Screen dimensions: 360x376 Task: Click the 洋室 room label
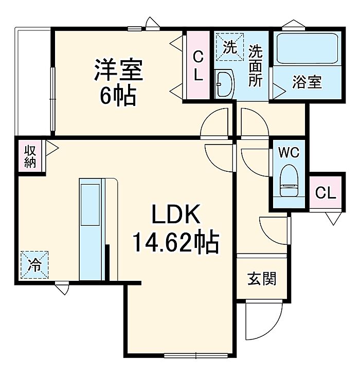tap(119, 69)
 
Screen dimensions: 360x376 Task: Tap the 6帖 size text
tap(118, 96)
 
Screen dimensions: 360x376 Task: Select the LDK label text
tap(176, 214)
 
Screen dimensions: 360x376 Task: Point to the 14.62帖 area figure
tap(176, 242)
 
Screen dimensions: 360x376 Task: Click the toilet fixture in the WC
tap(289, 181)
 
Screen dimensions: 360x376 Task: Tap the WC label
tap(289, 152)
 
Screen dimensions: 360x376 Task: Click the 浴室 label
tap(307, 82)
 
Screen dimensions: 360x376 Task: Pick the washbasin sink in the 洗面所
tap(224, 84)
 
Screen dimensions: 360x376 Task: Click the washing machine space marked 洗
tap(230, 47)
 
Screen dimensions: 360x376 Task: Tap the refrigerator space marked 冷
tap(34, 265)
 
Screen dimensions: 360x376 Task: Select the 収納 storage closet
tap(30, 156)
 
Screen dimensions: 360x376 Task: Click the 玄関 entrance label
tap(262, 279)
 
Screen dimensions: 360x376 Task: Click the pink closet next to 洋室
tap(198, 65)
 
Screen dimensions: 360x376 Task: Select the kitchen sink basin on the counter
tap(90, 205)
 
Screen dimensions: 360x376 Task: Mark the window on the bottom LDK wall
tap(196, 355)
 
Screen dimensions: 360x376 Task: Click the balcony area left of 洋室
tap(33, 82)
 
